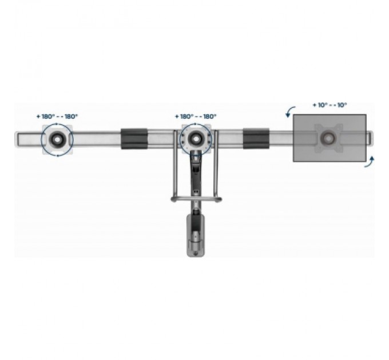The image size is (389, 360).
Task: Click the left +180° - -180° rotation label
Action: pos(57,117)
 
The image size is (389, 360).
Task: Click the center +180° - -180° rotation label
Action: pos(196,117)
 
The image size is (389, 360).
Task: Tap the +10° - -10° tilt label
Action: pos(330,105)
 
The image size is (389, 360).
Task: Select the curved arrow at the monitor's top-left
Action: pos(289,111)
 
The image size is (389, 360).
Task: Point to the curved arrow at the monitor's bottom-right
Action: pos(370,162)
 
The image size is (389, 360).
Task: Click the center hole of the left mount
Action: pos(57,139)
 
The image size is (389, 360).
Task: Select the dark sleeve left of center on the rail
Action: pos(134,138)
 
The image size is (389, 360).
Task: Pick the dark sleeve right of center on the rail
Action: pos(256,138)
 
